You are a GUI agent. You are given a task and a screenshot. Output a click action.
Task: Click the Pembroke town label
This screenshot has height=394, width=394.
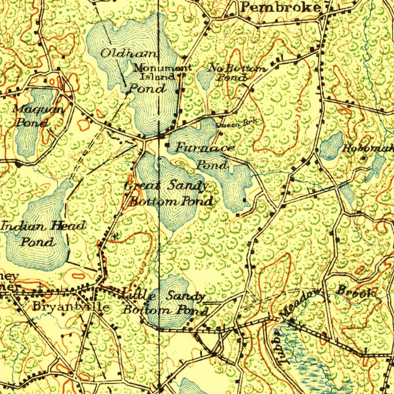280,7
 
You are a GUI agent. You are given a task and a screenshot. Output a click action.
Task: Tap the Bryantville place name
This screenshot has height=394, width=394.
71,307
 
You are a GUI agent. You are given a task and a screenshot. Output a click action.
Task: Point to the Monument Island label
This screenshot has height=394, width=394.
162,72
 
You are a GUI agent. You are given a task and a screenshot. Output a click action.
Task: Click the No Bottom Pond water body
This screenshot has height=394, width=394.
204,78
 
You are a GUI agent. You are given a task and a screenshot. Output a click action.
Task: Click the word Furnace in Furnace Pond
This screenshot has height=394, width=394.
205,148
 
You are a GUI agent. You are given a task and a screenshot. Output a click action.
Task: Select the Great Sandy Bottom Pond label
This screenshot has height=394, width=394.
169,194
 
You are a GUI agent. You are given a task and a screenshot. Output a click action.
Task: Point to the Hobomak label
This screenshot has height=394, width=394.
367,148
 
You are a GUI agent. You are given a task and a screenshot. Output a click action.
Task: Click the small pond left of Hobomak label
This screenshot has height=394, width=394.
331,146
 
